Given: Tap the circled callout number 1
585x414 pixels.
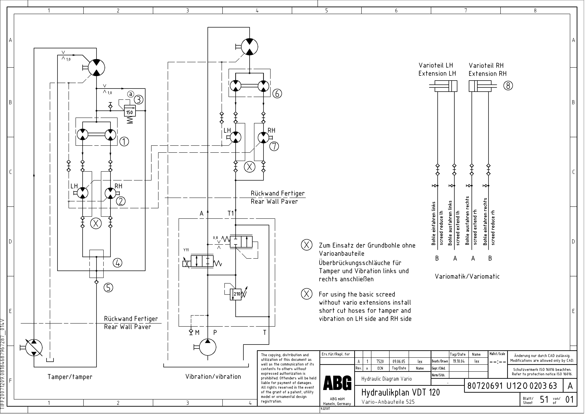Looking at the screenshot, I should tap(124, 141).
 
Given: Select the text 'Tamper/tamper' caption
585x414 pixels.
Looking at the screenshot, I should tap(70, 377).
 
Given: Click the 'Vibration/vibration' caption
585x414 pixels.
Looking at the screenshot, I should tap(213, 377).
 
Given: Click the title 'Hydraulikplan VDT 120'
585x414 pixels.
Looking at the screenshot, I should tap(400, 392).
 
